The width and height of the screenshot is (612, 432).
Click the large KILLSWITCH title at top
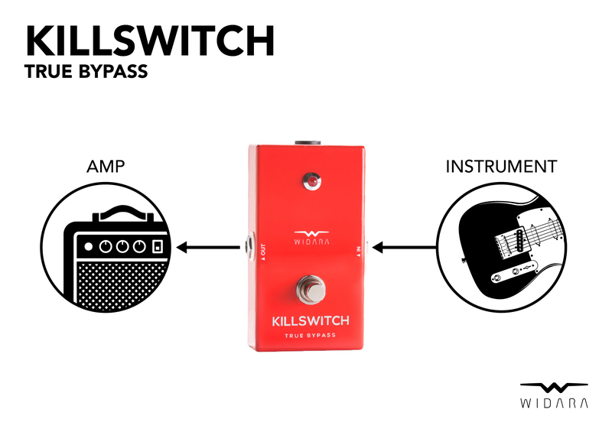click(x=149, y=40)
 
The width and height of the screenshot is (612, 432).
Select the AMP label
click(x=105, y=166)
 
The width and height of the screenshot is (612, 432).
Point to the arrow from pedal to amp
click(x=207, y=247)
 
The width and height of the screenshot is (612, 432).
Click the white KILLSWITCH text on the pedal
click(x=309, y=320)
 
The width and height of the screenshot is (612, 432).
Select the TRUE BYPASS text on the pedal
click(x=309, y=336)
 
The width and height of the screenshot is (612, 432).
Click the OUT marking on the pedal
click(x=262, y=249)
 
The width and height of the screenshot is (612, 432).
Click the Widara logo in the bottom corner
click(x=555, y=394)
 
